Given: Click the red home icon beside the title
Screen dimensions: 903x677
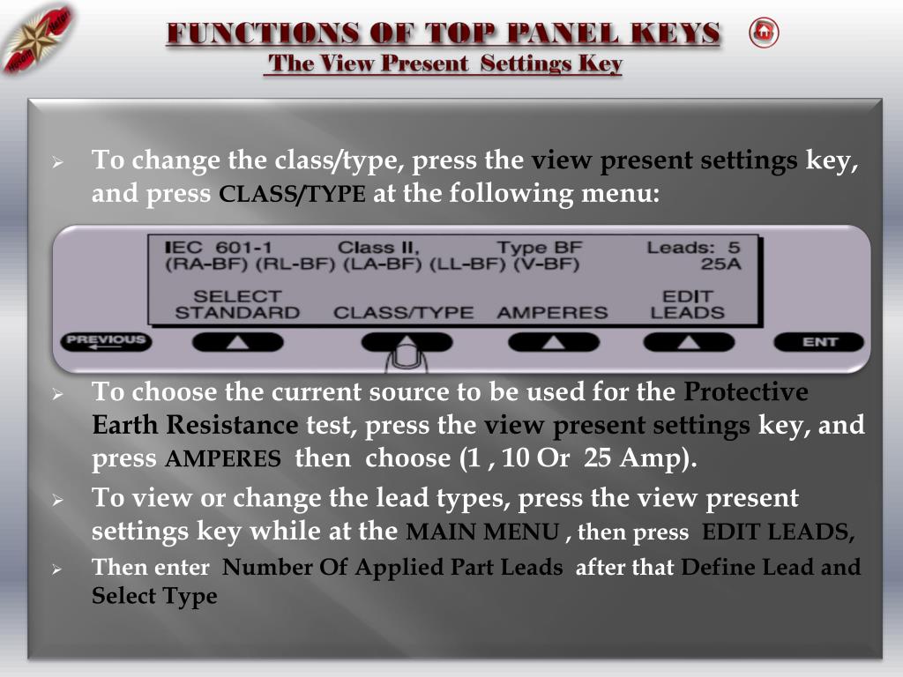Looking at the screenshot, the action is coord(764,33).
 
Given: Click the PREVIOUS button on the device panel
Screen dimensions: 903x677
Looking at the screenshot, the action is coord(106,341).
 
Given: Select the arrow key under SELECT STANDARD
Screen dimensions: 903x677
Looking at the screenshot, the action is coord(237,342).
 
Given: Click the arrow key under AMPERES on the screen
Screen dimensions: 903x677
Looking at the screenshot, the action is coord(554,342).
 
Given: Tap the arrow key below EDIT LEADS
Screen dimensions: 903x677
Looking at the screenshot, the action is coord(689,342).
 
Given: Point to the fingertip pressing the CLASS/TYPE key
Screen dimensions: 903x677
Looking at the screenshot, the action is coord(407,354).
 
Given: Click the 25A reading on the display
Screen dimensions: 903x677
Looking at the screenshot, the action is coord(721,264).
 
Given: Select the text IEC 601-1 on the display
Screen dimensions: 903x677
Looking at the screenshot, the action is coord(219,248).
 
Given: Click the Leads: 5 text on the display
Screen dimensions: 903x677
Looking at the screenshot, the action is coord(693,248).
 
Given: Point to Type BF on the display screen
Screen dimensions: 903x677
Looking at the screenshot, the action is coord(540,248).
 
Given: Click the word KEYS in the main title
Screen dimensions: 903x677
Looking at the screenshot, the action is coord(675,33).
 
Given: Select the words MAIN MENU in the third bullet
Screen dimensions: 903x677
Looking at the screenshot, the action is coord(482,532).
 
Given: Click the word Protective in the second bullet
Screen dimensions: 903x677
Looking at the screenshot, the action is coord(746,392).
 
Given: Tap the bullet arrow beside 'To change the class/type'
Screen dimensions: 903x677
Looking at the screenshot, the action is coord(57,163).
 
